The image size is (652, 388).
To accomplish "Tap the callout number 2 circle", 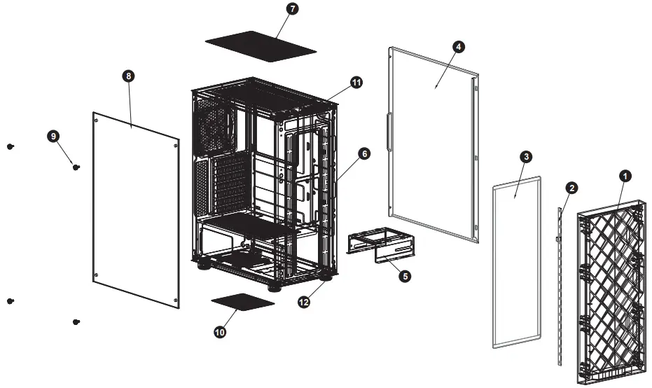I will click(572, 188).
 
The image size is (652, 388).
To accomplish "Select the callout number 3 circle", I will click(525, 157).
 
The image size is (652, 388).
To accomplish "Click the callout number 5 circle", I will click(404, 276).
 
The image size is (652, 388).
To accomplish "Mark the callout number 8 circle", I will click(127, 77).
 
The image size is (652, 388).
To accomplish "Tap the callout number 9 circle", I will click(54, 136).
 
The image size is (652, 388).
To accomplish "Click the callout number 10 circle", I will click(220, 333).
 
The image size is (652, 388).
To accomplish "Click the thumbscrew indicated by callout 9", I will click(76, 167).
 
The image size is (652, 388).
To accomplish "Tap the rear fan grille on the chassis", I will click(217, 126).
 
